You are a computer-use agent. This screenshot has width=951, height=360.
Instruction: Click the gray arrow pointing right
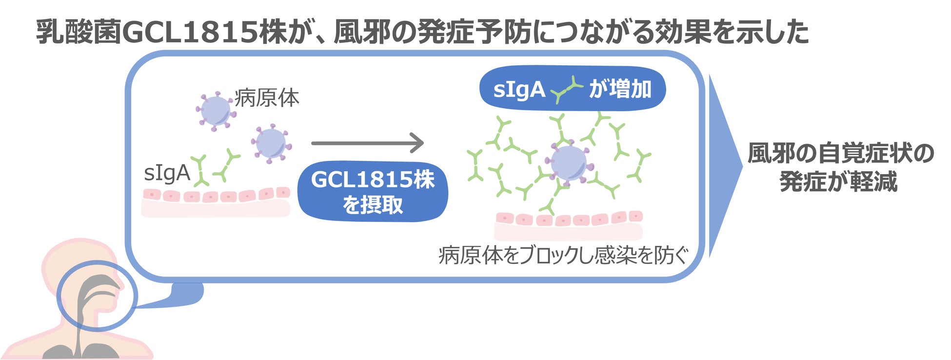pyautogui.click(x=367, y=143)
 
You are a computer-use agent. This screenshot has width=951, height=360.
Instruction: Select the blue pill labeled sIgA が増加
pyautogui.click(x=573, y=89)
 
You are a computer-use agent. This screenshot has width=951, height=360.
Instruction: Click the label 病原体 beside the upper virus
pyautogui.click(x=267, y=98)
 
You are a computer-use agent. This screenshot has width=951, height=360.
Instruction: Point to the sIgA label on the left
pyautogui.click(x=167, y=173)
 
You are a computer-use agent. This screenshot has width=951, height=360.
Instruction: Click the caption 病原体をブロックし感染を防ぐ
pyautogui.click(x=563, y=255)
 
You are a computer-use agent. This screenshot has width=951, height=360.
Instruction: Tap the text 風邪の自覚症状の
pyautogui.click(x=840, y=153)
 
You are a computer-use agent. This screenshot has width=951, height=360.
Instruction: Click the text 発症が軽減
pyautogui.click(x=838, y=182)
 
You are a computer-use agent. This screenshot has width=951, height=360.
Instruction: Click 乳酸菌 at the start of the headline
pyautogui.click(x=79, y=32)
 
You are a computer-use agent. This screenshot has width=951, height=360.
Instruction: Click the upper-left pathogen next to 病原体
pyautogui.click(x=216, y=111)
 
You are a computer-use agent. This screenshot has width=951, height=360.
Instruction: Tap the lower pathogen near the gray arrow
pyautogui.click(x=271, y=143)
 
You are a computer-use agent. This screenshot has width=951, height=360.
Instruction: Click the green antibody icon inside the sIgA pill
pyautogui.click(x=566, y=90)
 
